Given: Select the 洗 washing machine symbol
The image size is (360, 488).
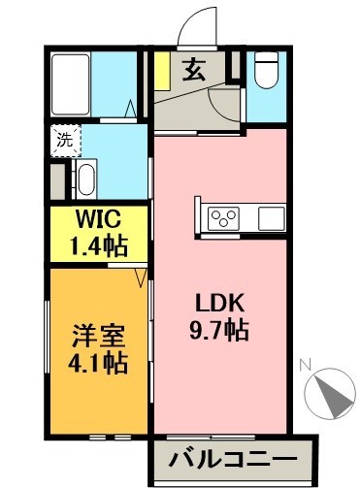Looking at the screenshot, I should click(63, 139).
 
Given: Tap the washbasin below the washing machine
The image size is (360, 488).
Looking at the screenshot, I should click(86, 179).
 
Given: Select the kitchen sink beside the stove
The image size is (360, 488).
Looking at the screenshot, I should click(271, 215).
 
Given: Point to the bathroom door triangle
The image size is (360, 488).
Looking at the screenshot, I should click(132, 108).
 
